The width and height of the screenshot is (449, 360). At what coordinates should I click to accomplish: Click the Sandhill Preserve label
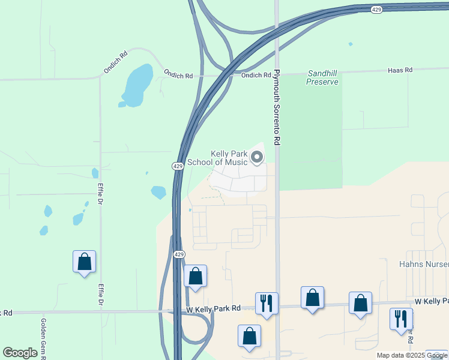tap(322, 77)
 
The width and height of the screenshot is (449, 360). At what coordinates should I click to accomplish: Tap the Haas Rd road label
tap(400, 70)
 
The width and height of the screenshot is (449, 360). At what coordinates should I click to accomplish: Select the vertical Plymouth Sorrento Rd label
tap(277, 107)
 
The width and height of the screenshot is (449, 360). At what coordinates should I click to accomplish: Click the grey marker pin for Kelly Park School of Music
tap(257, 158)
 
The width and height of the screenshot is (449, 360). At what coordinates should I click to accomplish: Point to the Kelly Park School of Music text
tap(217, 158)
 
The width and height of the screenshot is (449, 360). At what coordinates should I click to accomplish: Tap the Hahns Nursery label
tap(424, 264)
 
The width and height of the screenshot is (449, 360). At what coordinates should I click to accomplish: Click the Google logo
tap(20, 352)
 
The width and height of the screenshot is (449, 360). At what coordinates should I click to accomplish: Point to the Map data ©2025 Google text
tap(412, 355)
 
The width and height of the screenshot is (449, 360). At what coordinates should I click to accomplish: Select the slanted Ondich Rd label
tap(115, 62)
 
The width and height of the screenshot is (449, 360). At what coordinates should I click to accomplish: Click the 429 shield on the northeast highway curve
tap(376, 10)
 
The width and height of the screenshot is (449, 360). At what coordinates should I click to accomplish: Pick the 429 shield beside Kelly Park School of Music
tap(178, 166)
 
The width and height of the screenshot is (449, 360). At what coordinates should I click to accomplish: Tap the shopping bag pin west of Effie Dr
tap(84, 262)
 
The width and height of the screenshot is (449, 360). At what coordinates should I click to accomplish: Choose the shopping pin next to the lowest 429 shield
tap(195, 276)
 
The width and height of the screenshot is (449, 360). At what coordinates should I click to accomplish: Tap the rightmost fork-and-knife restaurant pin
tap(401, 319)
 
